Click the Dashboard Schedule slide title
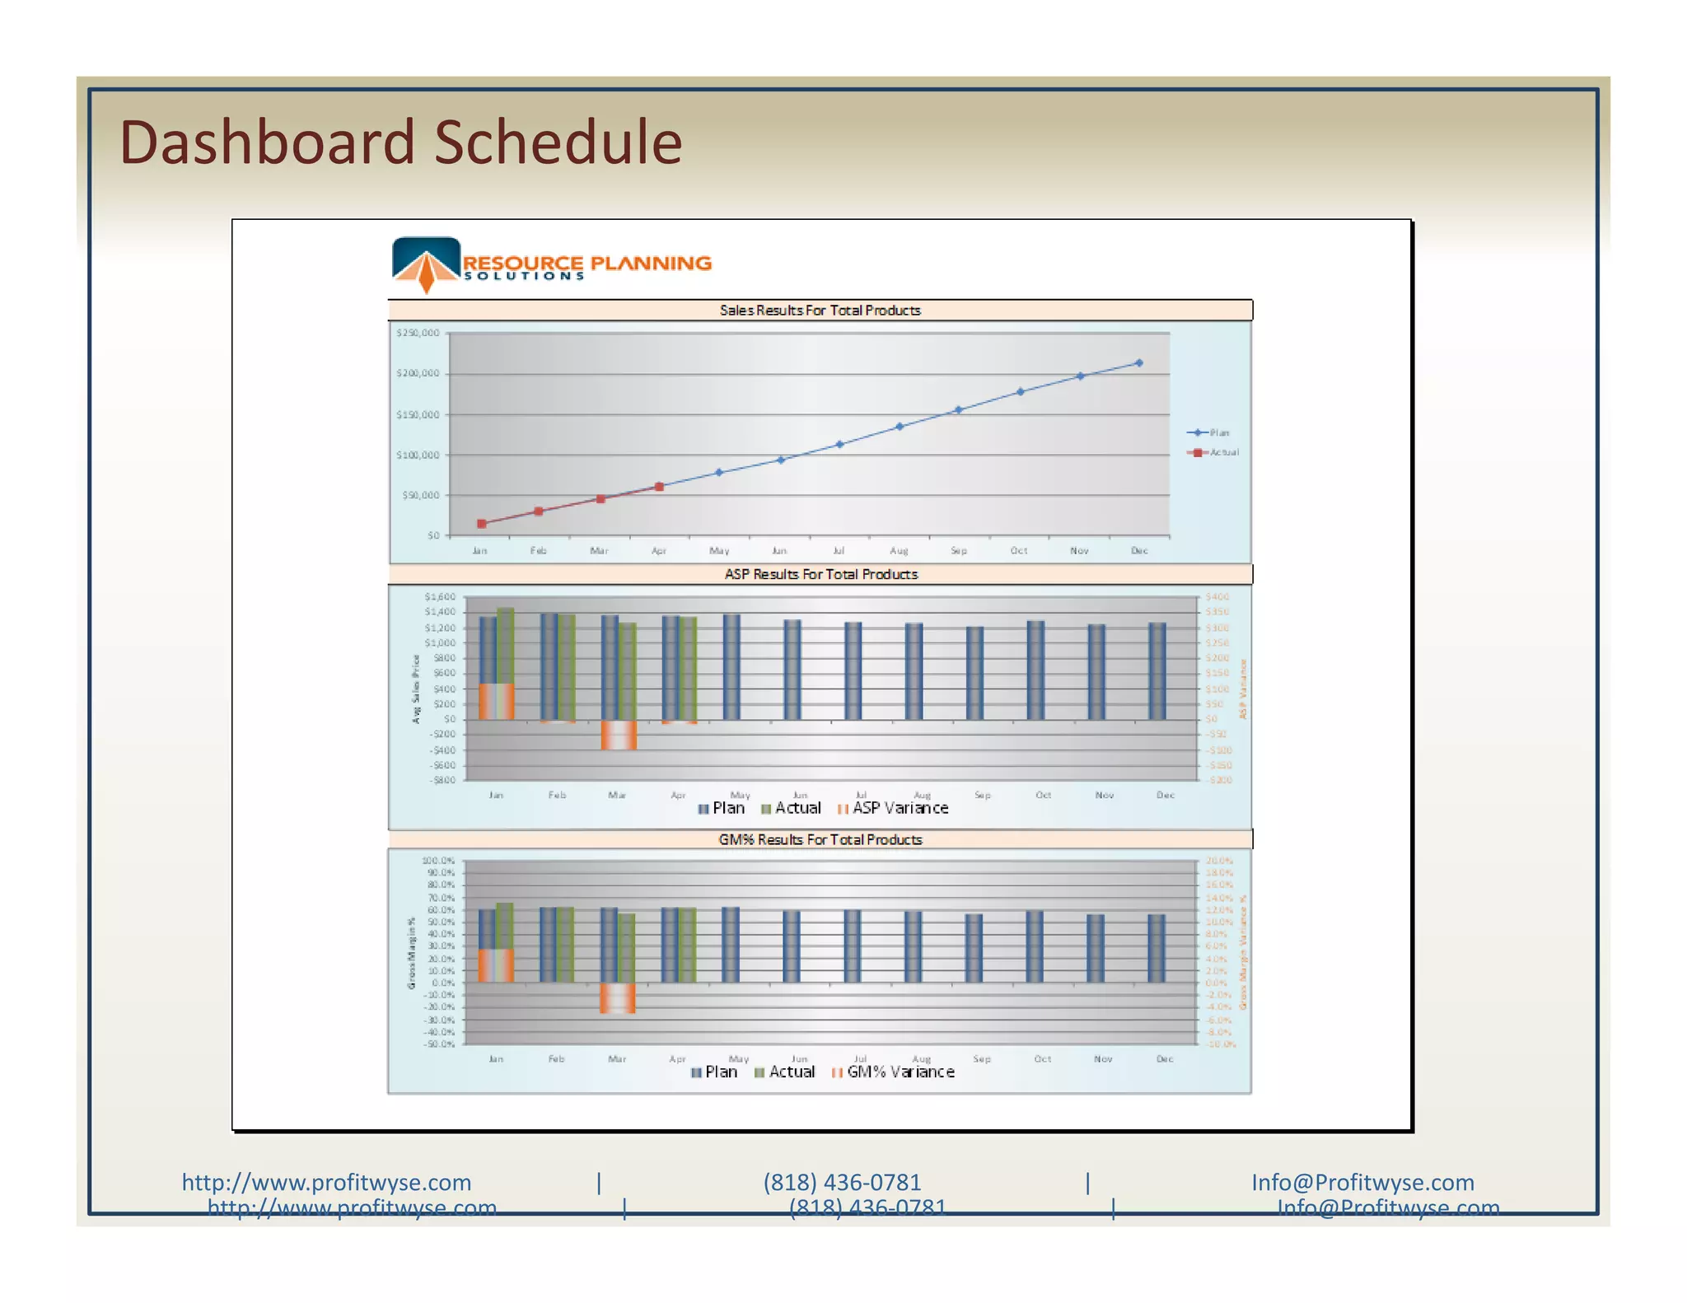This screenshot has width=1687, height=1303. [x=400, y=142]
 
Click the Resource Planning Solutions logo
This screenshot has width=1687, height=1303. [x=550, y=264]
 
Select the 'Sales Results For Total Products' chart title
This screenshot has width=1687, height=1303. [x=820, y=311]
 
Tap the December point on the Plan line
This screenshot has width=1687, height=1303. [x=1139, y=363]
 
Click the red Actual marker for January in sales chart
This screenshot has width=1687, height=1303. [x=482, y=524]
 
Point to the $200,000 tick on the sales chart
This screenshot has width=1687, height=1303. [x=418, y=374]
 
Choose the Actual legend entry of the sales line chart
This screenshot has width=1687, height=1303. [x=1214, y=452]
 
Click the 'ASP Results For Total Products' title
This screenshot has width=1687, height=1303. [x=820, y=574]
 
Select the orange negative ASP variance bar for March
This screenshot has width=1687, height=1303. [x=619, y=735]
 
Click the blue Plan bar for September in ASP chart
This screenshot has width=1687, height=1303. [x=974, y=673]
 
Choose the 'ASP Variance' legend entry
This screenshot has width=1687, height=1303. [x=893, y=808]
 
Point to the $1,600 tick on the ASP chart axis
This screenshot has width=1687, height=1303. [x=440, y=596]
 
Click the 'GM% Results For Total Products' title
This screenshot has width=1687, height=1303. [x=820, y=839]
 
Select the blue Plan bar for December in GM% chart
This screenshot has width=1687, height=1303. [x=1157, y=948]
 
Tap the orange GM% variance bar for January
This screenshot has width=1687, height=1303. [x=496, y=965]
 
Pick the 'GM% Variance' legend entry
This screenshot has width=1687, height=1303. [x=894, y=1072]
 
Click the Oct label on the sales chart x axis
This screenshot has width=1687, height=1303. [x=1019, y=550]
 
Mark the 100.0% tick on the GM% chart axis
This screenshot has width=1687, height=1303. [x=438, y=861]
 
